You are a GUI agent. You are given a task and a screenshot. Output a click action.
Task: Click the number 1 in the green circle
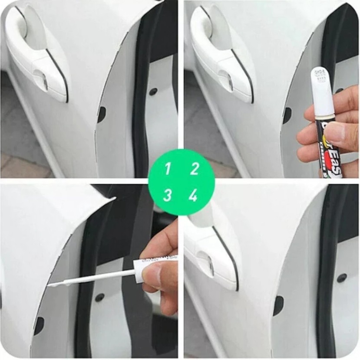tap(168, 169)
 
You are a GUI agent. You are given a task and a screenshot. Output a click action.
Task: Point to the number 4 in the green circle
tap(193, 196)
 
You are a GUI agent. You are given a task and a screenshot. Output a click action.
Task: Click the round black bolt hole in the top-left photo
tap(153, 92)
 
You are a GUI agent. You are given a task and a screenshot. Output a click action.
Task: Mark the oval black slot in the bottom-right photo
tap(278, 306)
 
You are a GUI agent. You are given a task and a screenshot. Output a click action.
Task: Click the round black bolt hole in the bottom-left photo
tap(99, 298)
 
